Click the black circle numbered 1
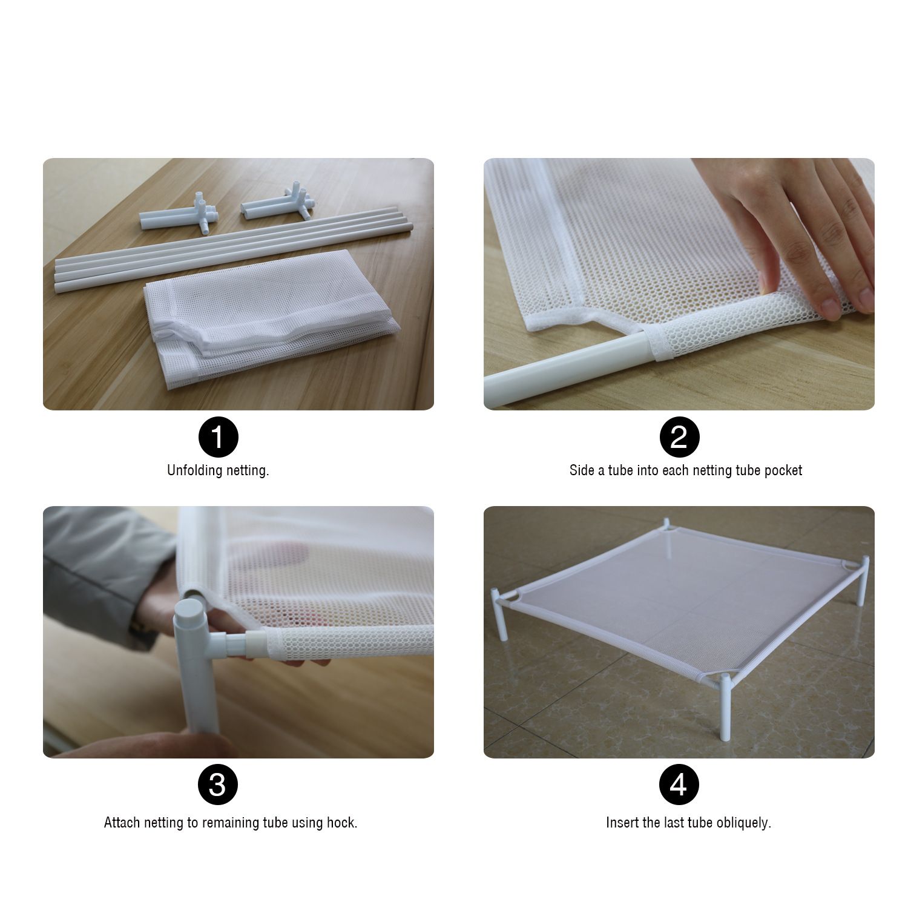click(x=218, y=437)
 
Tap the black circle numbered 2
click(x=679, y=437)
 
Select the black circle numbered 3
click(x=218, y=785)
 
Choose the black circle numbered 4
click(x=679, y=785)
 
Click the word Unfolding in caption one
click(x=189, y=470)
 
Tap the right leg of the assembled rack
click(x=861, y=584)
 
